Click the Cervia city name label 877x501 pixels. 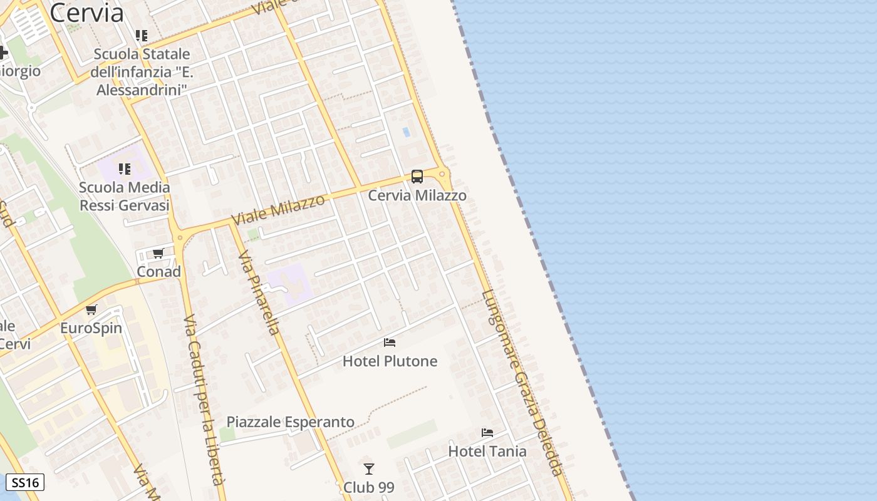[x=86, y=13]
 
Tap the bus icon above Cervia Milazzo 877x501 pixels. [x=417, y=177]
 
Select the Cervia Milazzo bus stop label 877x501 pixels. [x=417, y=195]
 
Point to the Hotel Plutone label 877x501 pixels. [x=390, y=361]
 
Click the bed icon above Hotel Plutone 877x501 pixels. [x=390, y=343]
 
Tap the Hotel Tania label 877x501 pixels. [x=487, y=451]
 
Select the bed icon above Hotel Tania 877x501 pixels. [x=487, y=433]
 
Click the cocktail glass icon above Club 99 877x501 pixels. [x=369, y=469]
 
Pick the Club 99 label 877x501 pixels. [x=369, y=487]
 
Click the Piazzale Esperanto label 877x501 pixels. [x=291, y=422]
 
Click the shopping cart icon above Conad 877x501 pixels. [x=158, y=254]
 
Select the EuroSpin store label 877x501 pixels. [x=91, y=328]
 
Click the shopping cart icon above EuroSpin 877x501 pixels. [x=91, y=309]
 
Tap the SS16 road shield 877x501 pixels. [x=25, y=483]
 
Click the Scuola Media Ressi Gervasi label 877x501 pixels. [x=125, y=197]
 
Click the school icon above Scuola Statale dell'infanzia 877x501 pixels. [x=142, y=36]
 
